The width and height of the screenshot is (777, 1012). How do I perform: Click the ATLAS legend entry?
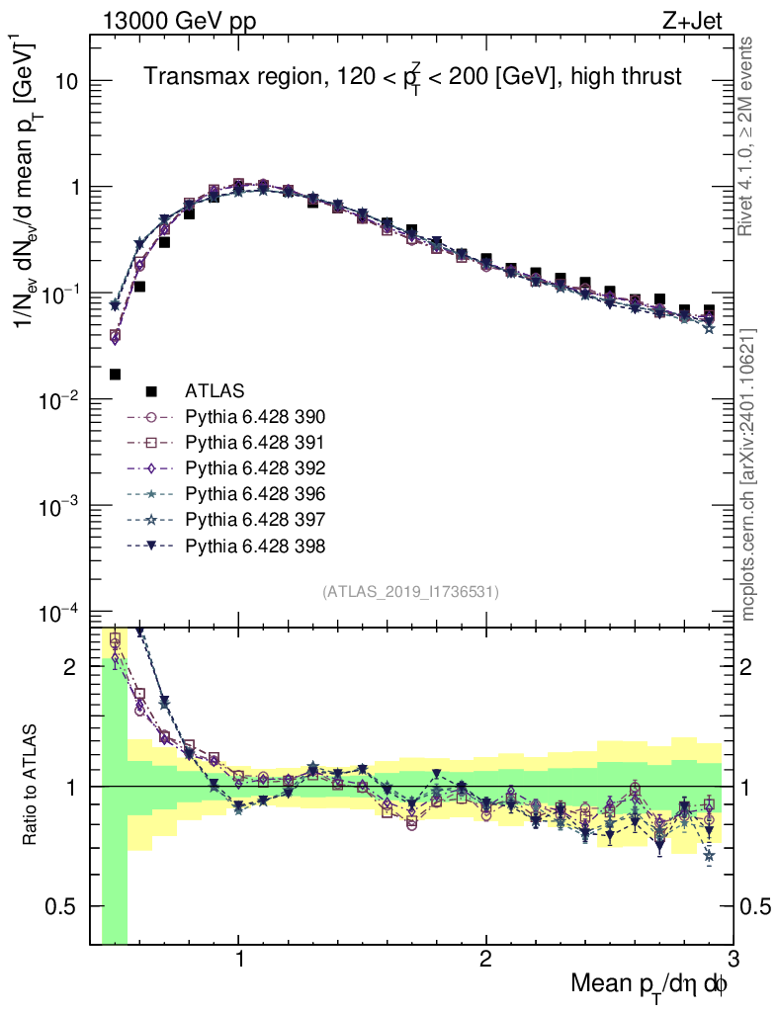click(x=214, y=390)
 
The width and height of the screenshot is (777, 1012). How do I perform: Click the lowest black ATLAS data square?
click(x=115, y=375)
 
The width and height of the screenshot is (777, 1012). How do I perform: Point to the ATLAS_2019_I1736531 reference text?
click(x=410, y=592)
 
